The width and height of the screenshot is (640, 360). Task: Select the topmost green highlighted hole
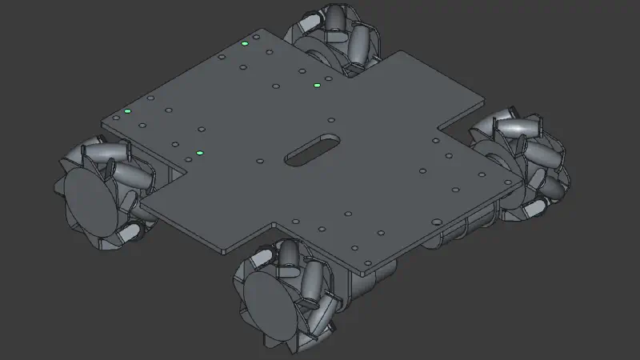245,44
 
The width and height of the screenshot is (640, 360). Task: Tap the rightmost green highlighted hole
317,85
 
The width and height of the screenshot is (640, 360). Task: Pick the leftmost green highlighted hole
127,111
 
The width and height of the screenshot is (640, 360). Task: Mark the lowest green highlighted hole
200,153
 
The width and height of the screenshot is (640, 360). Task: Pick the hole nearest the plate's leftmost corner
116,118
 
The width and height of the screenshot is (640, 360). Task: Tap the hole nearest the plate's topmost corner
255,37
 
